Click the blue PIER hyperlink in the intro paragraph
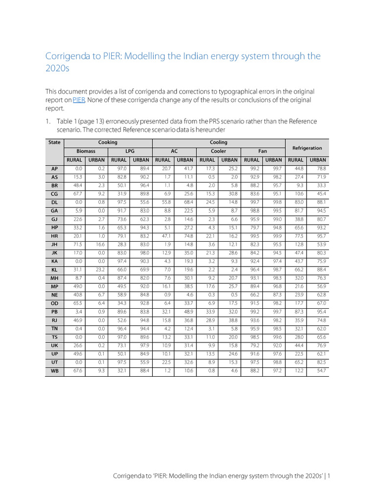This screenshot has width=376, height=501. (x=79, y=100)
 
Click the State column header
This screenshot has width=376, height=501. (x=54, y=142)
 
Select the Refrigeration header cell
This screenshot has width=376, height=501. (x=307, y=147)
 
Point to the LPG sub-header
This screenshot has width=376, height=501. (x=130, y=151)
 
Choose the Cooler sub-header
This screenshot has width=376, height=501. (x=218, y=151)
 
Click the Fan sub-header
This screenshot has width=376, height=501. (x=263, y=151)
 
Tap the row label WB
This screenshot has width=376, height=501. (x=54, y=371)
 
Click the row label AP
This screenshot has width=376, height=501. (x=54, y=168)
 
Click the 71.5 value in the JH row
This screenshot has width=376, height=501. (x=77, y=244)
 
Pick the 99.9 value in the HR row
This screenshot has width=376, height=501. (x=276, y=236)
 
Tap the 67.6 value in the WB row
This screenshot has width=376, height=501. (x=77, y=371)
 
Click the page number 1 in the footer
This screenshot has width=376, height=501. (x=329, y=476)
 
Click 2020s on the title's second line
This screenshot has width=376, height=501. (x=57, y=68)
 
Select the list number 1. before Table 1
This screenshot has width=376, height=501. (x=48, y=121)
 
